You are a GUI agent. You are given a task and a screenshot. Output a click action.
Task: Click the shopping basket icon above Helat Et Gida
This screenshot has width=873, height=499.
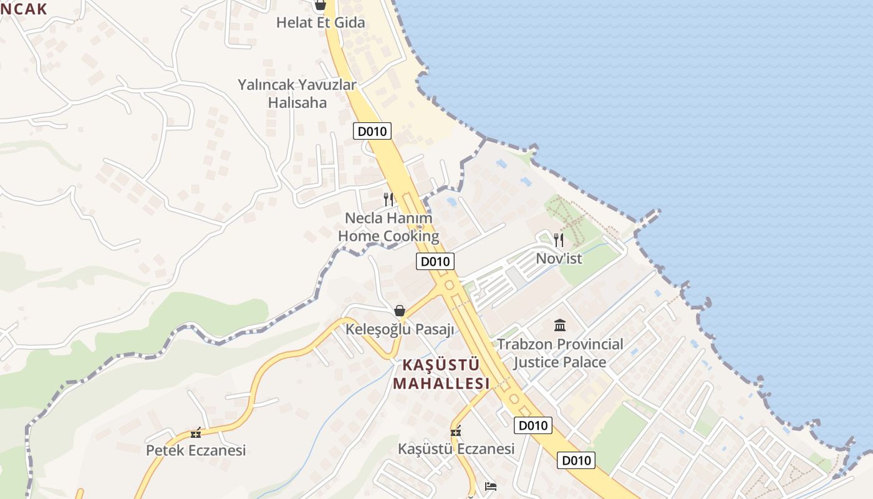coord(320,6)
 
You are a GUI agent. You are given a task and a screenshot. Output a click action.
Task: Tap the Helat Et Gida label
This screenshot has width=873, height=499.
coord(321,23)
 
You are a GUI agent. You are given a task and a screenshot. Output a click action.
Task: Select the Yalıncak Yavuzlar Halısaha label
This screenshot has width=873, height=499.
coord(297,94)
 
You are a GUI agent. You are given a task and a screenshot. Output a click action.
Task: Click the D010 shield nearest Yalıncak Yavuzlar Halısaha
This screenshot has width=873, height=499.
coord(372,131)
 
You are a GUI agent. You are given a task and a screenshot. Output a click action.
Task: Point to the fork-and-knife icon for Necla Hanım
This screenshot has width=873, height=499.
coord(388,199)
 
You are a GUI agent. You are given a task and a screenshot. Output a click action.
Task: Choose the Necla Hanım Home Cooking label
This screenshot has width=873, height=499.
coord(388,227)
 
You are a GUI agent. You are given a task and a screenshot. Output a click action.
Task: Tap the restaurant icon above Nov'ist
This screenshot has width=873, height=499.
coord(559,240)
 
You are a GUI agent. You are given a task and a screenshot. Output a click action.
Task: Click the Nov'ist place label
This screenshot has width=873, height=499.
coord(559,258)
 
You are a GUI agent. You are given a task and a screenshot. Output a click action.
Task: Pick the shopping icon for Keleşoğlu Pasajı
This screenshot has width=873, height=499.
coord(400,311)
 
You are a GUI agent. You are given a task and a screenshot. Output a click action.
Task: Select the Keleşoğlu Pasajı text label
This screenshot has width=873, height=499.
coord(400,329)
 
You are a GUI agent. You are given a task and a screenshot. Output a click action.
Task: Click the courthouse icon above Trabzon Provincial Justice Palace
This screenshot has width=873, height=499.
coord(560,325)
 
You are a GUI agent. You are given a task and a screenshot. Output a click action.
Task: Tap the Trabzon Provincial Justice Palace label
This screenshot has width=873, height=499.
coord(560,353)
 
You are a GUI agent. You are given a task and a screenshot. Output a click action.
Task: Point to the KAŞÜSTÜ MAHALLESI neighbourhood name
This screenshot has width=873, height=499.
coord(441,374)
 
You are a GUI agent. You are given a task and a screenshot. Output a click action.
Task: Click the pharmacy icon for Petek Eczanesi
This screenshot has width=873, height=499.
coord(196,433)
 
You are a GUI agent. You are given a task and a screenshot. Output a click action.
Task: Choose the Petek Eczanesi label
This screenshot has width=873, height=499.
coord(196,450)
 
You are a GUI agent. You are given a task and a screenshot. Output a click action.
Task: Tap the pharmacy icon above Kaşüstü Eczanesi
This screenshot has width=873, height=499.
coord(456,432)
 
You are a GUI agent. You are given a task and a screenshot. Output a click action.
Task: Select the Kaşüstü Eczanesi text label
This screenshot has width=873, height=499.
coord(456,448)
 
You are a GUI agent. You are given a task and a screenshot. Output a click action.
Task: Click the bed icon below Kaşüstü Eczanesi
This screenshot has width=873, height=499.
coord(491,486)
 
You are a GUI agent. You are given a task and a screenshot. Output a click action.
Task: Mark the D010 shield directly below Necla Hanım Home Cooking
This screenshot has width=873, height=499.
coord(435,261)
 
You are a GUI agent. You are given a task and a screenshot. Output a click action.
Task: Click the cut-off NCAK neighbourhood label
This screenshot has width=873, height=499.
coord(24,8)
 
